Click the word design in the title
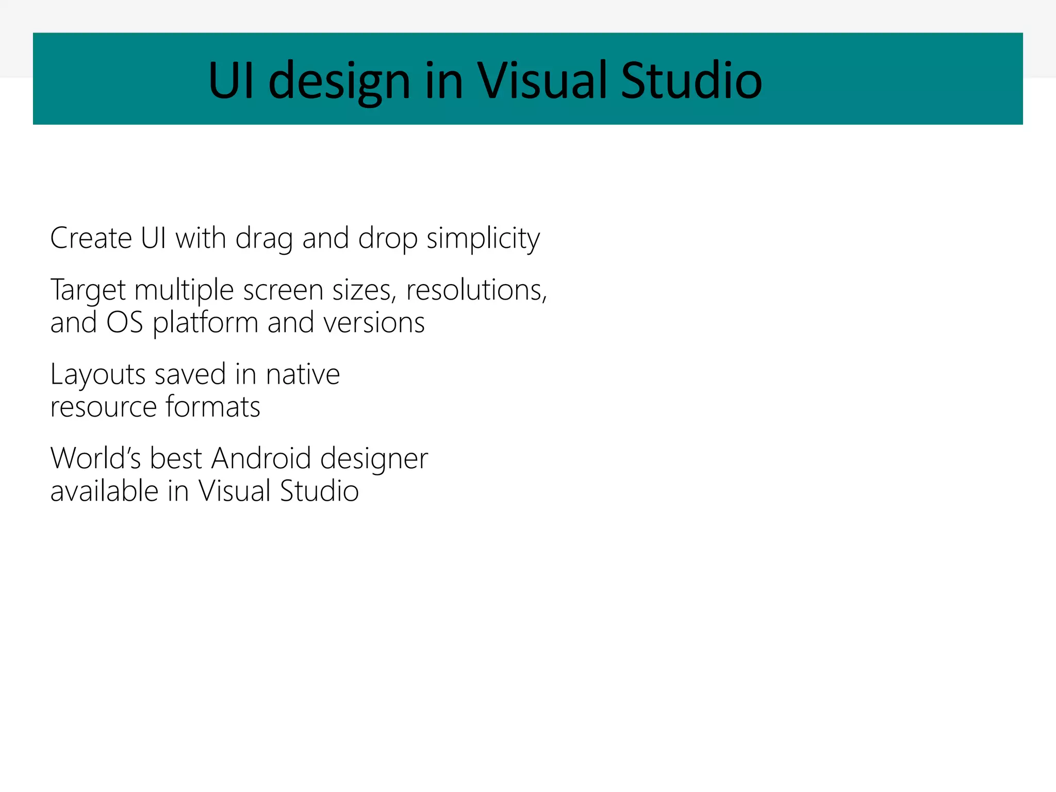(339, 80)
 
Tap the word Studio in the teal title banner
(691, 80)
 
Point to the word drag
(264, 239)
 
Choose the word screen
(283, 290)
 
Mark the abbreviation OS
(124, 323)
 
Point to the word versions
(374, 323)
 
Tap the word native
(303, 374)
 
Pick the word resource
(104, 407)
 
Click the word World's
(95, 458)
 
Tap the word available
(104, 490)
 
